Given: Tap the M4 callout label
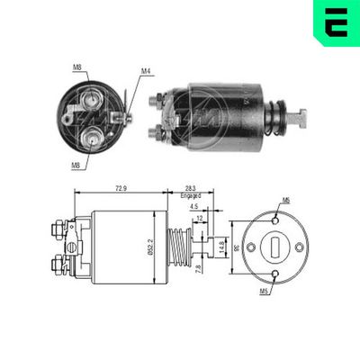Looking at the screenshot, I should (x=146, y=71).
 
